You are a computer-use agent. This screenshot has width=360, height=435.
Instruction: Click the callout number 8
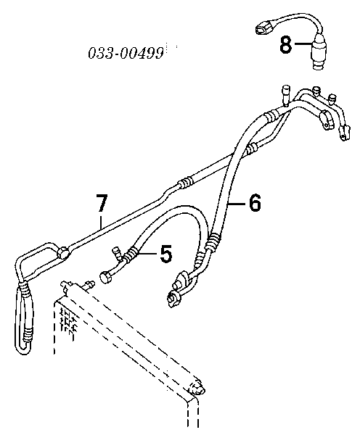coord(286,45)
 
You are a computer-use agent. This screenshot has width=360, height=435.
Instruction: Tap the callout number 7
coord(102,203)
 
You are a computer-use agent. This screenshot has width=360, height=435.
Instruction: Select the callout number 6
coord(255,203)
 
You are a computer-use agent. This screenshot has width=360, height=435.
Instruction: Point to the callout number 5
coord(166,254)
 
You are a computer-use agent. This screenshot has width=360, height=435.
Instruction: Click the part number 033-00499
coord(126,53)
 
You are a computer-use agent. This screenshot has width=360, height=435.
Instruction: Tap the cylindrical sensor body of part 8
coord(319,53)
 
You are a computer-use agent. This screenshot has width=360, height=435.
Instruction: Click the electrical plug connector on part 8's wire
coord(264,28)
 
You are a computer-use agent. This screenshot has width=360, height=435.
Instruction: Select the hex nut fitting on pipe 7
coord(62,252)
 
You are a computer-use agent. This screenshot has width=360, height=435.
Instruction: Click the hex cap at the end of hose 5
coord(105,278)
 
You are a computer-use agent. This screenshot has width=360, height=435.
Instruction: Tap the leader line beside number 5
coord(148,253)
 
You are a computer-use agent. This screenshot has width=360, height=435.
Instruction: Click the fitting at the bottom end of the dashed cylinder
coord(197,387)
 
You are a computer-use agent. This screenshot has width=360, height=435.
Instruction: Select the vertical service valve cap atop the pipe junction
coord(285,96)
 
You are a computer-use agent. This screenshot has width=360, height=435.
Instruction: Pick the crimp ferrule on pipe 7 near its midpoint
coord(185,183)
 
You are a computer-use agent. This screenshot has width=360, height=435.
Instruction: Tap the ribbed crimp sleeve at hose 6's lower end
coord(214,241)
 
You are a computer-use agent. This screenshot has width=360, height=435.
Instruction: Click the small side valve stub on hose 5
coord(116,254)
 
